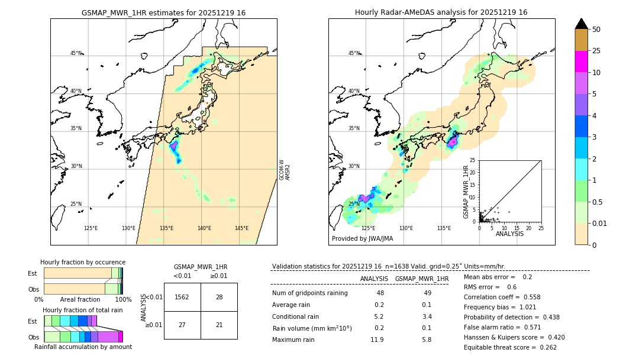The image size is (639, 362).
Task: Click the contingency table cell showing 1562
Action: pyautogui.click(x=182, y=297)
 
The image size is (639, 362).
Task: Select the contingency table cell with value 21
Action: pyautogui.click(x=219, y=325)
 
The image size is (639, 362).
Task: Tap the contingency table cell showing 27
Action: pyautogui.click(x=182, y=325)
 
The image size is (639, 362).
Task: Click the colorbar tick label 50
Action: pyautogui.click(x=596, y=30)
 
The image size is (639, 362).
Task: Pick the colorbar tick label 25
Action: pyautogui.click(x=596, y=51)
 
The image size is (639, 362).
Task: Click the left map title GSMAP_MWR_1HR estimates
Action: pyautogui.click(x=163, y=12)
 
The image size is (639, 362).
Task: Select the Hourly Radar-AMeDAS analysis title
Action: pyautogui.click(x=441, y=12)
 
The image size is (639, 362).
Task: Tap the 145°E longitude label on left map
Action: pyautogui.click(x=241, y=228)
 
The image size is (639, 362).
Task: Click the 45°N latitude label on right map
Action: pyautogui.click(x=354, y=53)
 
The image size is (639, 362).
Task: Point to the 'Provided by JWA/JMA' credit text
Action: pyautogui.click(x=362, y=239)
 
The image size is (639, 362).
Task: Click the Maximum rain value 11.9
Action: pyautogui.click(x=377, y=340)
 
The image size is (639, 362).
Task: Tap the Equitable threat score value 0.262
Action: pyautogui.click(x=545, y=347)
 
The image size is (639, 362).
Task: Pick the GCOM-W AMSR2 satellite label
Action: pyautogui.click(x=285, y=170)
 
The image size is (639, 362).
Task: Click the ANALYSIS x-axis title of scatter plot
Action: pyautogui.click(x=509, y=234)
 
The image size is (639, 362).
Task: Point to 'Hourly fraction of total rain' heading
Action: pyautogui.click(x=83, y=310)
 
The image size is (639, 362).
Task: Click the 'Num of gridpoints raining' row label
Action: pyautogui.click(x=310, y=293)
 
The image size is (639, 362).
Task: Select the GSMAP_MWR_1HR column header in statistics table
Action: pyautogui.click(x=422, y=279)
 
